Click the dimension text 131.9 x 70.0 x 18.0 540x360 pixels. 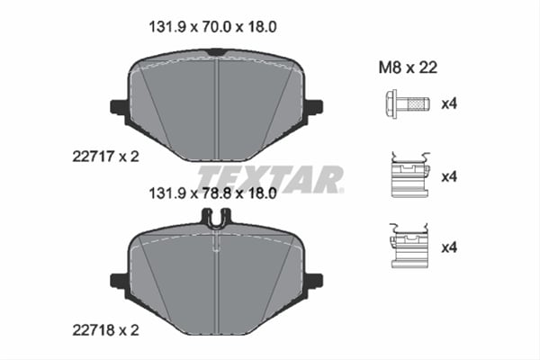[x=211, y=27]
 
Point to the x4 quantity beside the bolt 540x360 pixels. [x=449, y=103]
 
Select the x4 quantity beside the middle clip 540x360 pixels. [x=449, y=176]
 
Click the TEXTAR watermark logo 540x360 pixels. [x=270, y=178]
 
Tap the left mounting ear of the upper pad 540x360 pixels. [x=119, y=107]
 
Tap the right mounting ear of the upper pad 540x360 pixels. [x=314, y=107]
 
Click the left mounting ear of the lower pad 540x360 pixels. [x=119, y=281]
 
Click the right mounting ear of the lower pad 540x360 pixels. [x=314, y=281]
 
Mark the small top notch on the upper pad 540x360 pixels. [x=216, y=55]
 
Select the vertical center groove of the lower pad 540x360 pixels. [x=217, y=279]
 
